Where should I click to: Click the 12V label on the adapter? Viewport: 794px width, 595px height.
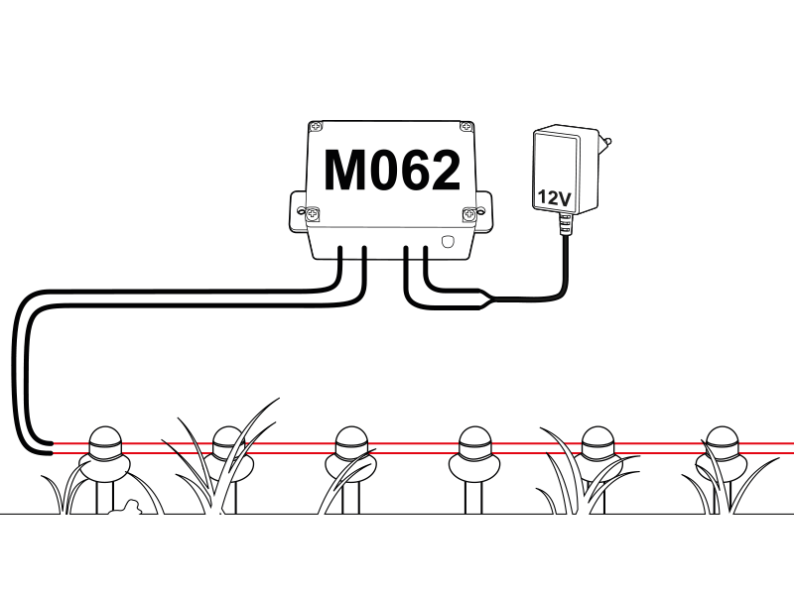(553, 197)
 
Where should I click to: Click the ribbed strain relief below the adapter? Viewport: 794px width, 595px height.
(565, 226)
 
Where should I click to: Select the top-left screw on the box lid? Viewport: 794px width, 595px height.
(316, 127)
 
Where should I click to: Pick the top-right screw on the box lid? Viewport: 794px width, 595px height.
(464, 127)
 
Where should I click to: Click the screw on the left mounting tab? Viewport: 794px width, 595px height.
(311, 212)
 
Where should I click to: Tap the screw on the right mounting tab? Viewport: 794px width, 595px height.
(470, 212)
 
